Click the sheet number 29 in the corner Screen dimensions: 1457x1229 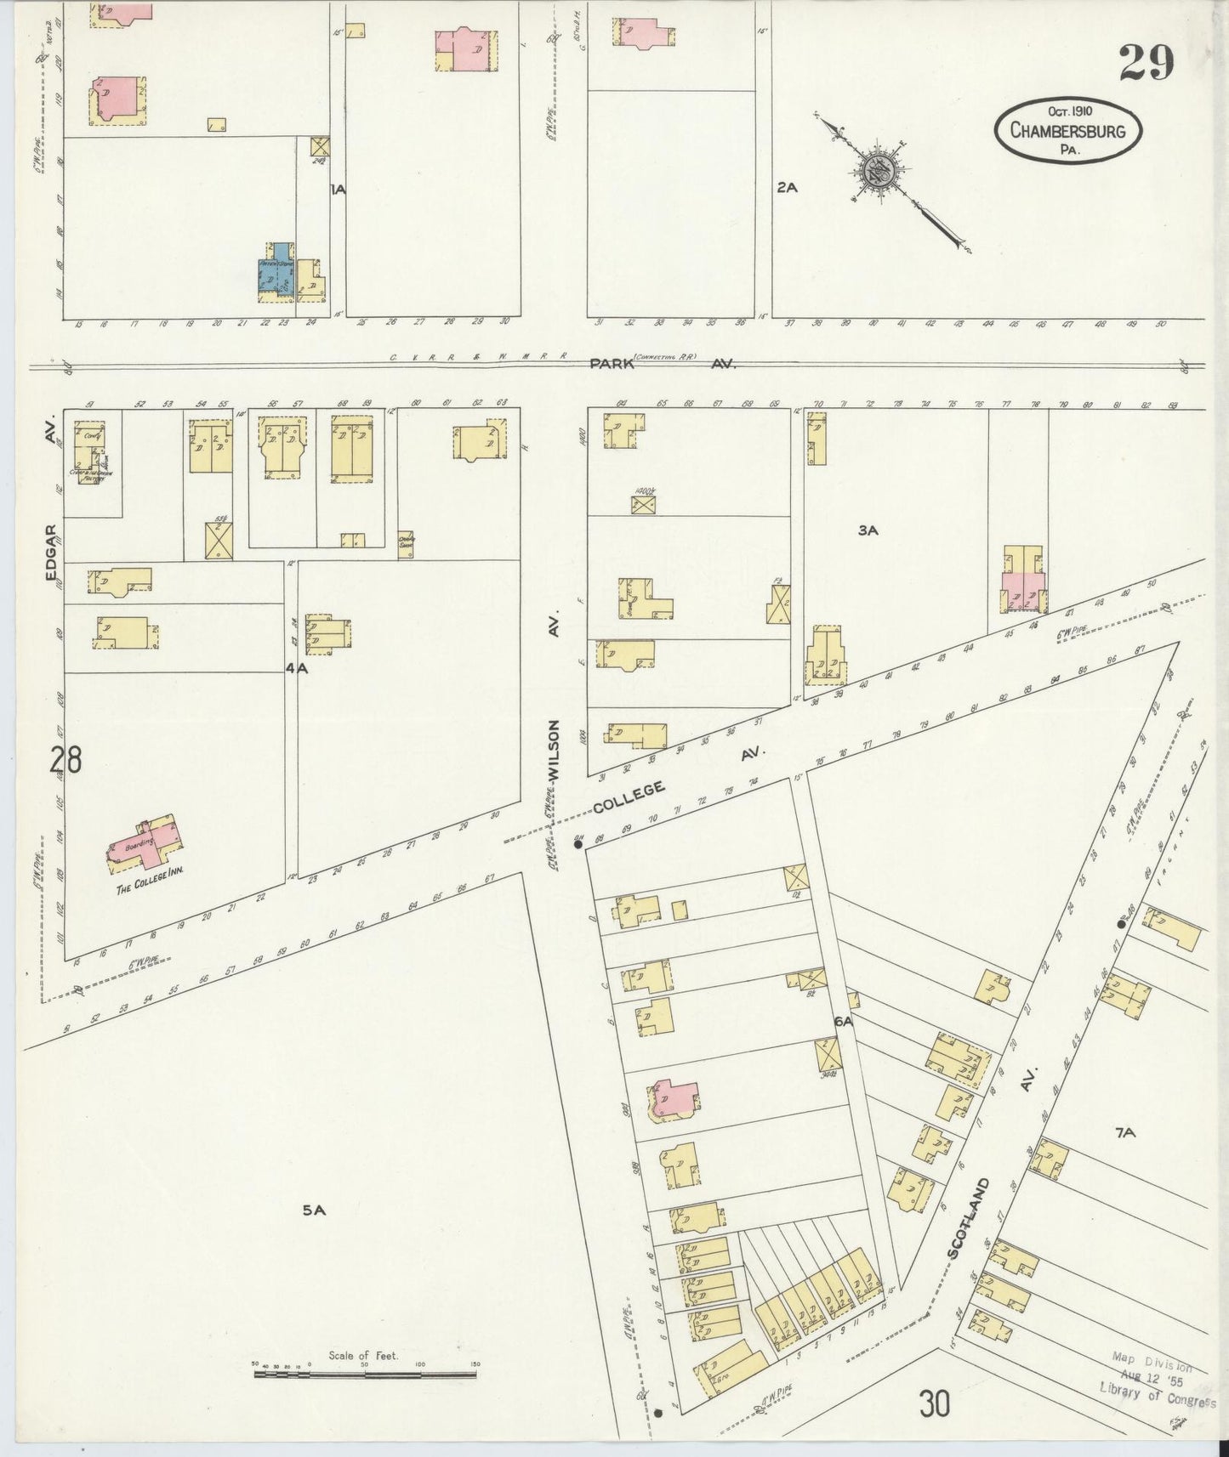pos(1146,62)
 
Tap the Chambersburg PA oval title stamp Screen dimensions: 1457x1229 pos(1067,130)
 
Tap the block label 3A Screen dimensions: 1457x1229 pos(868,530)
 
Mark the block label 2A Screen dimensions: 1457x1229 pos(787,188)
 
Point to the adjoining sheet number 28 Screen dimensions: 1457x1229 pos(65,759)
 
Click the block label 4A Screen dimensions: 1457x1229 pos(295,668)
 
